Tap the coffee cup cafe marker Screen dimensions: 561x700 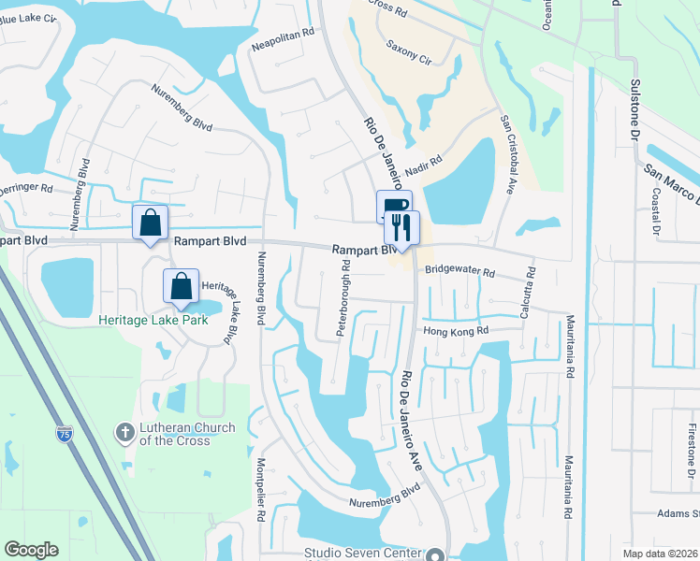click(x=393, y=208)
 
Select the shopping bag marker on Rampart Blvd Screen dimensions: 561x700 click(x=150, y=223)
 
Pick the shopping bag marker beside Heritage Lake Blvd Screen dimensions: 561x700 click(x=182, y=286)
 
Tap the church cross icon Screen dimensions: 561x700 click(x=124, y=432)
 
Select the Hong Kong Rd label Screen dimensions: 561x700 click(x=456, y=331)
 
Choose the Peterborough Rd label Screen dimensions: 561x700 click(x=345, y=298)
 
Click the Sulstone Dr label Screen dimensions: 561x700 click(x=635, y=111)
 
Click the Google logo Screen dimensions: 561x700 click(x=31, y=550)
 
